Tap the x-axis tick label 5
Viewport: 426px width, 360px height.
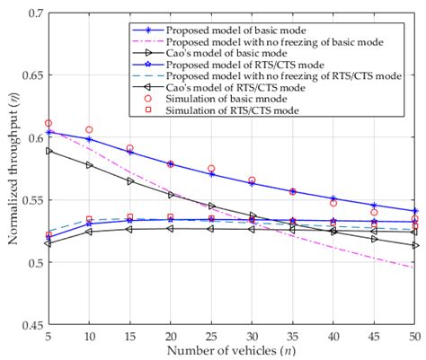click(x=48, y=336)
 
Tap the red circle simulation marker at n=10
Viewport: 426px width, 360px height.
click(x=88, y=130)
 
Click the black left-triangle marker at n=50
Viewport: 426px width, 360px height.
click(x=414, y=245)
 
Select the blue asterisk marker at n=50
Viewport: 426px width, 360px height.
click(x=414, y=211)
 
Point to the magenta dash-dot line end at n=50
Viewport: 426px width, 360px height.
click(x=414, y=268)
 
